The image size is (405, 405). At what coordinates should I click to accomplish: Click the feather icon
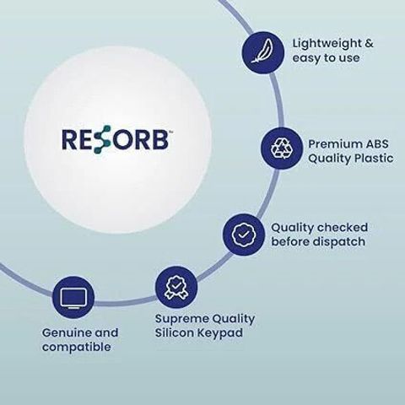coord(263,51)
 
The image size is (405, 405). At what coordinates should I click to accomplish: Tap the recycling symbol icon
coord(282,148)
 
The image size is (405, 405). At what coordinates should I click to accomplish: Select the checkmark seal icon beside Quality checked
coord(244,235)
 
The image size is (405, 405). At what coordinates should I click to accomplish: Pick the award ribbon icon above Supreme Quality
coord(176,287)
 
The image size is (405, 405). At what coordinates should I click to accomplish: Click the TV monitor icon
coord(73,297)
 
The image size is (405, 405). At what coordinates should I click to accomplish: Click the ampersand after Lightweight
coord(369,44)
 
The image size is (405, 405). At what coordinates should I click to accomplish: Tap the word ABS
coord(377,144)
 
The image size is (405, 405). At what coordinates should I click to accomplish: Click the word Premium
coord(335,144)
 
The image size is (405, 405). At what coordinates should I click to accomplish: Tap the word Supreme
coord(182,320)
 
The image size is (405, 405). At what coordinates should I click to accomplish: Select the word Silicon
coord(174,333)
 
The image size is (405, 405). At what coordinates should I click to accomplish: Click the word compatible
coord(77,348)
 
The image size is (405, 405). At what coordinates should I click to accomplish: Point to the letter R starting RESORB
coord(69,139)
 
